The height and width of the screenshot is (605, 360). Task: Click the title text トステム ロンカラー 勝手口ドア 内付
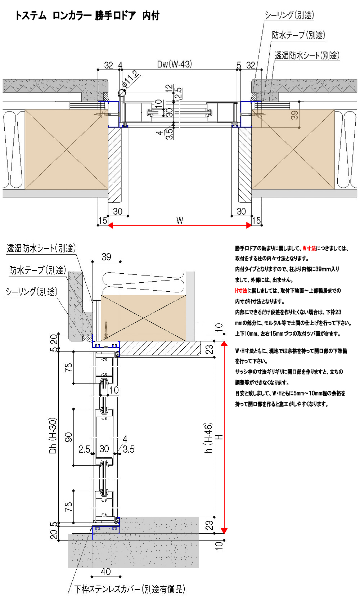coord(87,15)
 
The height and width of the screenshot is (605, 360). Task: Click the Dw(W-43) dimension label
coord(174,64)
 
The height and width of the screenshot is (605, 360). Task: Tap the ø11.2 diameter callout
coord(130,80)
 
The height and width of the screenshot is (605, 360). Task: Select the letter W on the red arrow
coord(180,220)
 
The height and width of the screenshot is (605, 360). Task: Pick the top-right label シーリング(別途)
coord(289,15)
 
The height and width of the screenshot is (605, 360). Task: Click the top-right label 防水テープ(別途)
coord(298,35)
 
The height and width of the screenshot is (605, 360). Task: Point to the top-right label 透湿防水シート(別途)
coord(307,55)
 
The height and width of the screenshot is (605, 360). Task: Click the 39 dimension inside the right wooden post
coord(294,115)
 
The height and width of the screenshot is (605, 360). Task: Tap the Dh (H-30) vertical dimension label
coord(53,436)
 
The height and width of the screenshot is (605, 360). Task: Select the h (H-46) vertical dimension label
coord(208,437)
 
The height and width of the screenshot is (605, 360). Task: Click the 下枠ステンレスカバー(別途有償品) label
coord(130,589)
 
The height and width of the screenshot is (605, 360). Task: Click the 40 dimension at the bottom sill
coord(105,572)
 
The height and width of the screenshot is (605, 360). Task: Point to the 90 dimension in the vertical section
coord(68,437)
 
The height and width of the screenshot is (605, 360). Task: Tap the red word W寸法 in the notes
coord(309,248)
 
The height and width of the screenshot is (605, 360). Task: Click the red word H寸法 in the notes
coord(241,291)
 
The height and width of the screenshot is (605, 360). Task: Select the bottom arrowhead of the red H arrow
coord(224,530)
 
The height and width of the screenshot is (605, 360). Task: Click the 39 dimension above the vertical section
coord(106,257)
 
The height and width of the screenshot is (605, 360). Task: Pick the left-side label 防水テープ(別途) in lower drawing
coord(37,270)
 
